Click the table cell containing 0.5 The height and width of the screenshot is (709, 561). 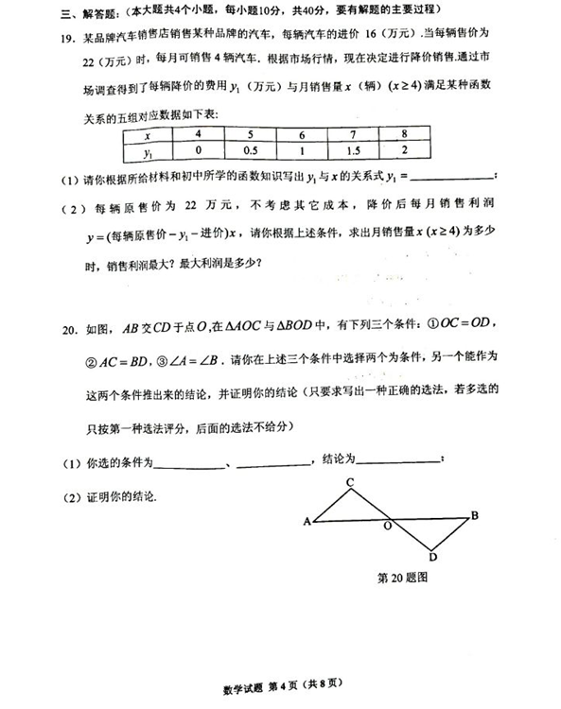tap(251, 150)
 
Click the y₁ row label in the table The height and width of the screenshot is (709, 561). tap(148, 150)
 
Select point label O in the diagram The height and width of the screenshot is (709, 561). tap(388, 526)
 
